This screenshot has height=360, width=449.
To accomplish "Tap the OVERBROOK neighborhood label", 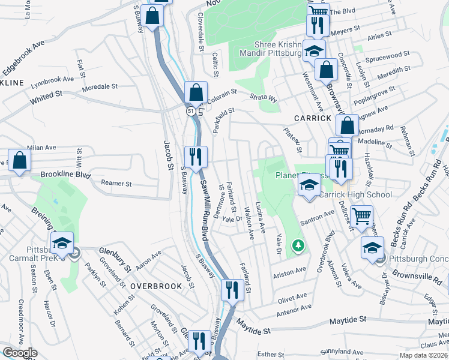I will (156, 286).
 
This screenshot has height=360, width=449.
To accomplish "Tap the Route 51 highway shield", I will (190, 112).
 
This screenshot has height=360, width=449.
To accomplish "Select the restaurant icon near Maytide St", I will (232, 290).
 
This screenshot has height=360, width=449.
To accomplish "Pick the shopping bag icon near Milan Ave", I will (20, 161).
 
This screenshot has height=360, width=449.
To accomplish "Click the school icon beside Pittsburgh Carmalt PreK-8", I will (62, 244).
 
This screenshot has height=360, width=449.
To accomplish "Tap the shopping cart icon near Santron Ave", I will (361, 216).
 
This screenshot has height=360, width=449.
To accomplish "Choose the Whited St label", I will (46, 95).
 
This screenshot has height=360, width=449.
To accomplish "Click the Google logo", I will (20, 353).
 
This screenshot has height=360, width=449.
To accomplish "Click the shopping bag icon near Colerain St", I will (196, 93).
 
